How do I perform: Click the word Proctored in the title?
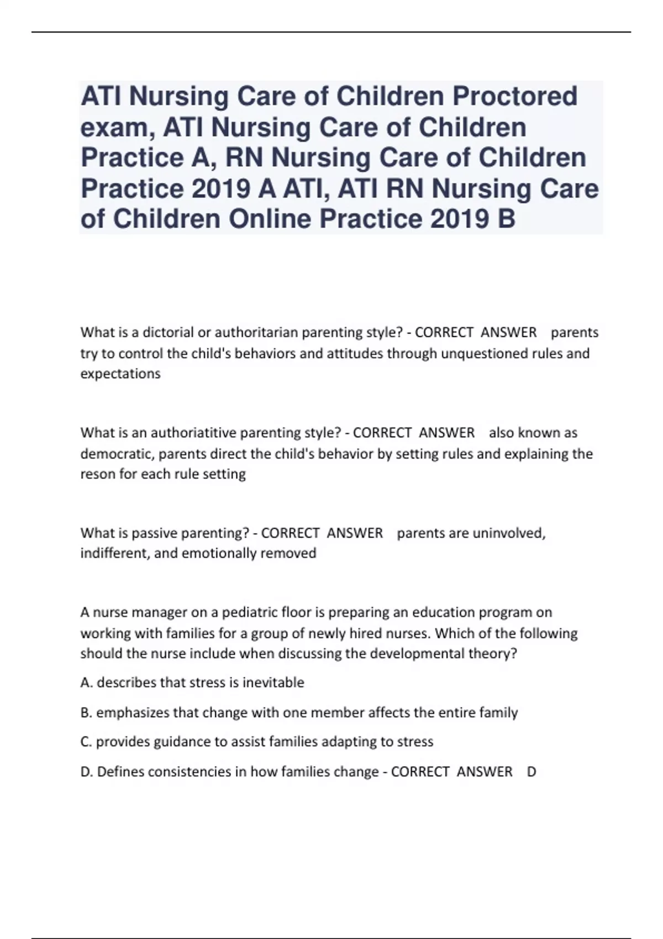click(515, 97)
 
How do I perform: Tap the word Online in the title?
click(270, 219)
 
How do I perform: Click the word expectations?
click(120, 374)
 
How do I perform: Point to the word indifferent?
click(114, 553)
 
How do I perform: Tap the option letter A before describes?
click(86, 683)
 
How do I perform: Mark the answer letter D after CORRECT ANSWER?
click(532, 772)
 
